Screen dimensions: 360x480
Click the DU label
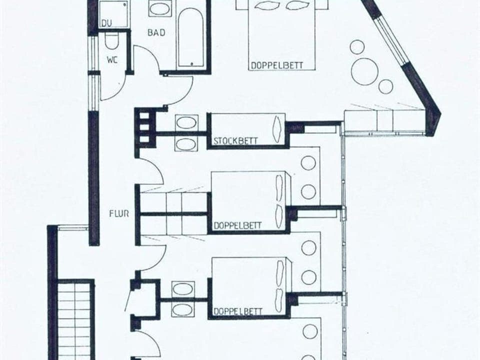click(x=106, y=23)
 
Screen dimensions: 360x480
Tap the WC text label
click(x=111, y=59)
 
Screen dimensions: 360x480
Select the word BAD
click(x=156, y=33)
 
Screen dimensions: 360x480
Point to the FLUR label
click(x=119, y=214)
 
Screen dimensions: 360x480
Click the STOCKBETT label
click(x=235, y=141)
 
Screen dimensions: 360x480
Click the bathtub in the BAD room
click(x=190, y=37)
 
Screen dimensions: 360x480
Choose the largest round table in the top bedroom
click(x=365, y=71)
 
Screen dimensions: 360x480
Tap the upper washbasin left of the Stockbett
click(x=186, y=122)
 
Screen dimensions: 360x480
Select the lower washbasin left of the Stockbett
click(x=186, y=143)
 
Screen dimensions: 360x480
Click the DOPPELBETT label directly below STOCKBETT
click(x=237, y=225)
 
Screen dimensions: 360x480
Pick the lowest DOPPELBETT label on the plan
click(x=237, y=311)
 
